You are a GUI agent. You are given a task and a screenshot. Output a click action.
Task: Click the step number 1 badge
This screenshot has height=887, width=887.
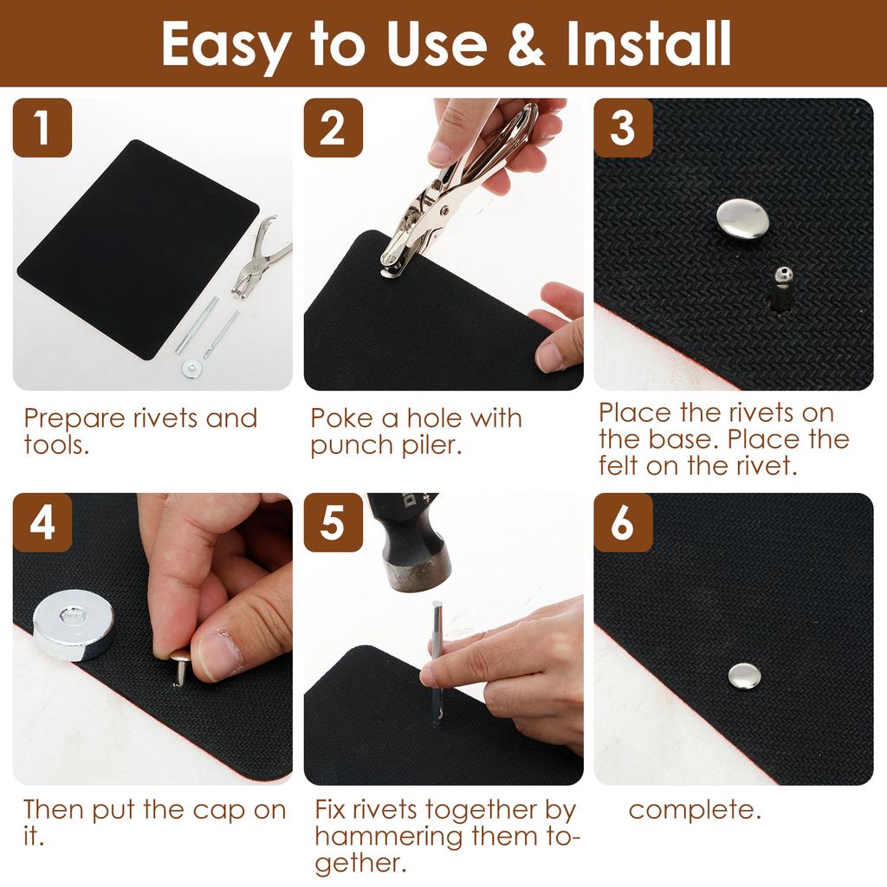coord(42,128)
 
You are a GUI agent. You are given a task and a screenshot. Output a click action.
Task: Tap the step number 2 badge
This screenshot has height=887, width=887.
coord(333,128)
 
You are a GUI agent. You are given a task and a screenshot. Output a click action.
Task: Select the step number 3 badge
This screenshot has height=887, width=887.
coord(623,128)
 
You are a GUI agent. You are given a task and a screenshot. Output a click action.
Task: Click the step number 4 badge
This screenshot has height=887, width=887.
coord(42,523)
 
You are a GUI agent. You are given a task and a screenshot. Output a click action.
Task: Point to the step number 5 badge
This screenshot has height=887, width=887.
coord(333,523)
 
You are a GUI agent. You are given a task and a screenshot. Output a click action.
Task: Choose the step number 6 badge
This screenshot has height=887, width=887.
coord(623,523)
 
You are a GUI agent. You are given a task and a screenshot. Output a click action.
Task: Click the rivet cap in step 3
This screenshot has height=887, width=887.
coord(742,218)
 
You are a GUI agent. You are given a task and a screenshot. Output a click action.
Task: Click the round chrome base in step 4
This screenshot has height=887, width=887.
coord(74,624)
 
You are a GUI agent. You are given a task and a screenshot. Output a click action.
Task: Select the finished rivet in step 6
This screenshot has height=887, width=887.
coord(744,676)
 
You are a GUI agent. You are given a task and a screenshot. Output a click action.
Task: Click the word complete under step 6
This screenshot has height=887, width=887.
coord(694,811)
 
